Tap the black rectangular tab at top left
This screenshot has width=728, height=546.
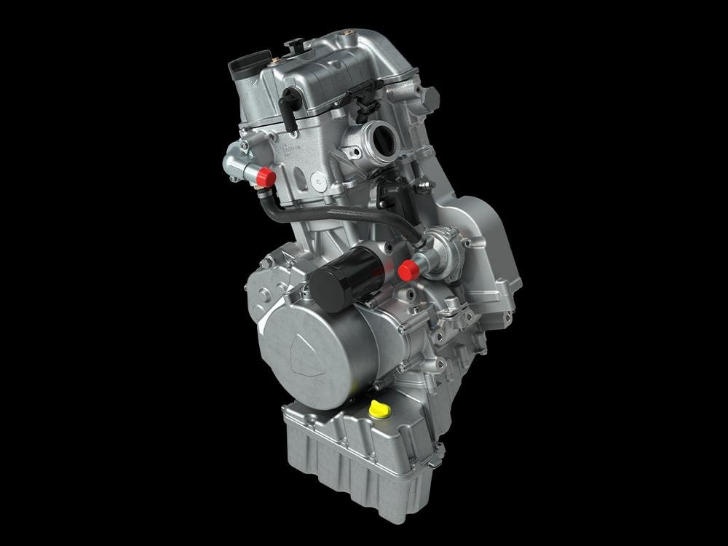(x=241, y=67)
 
